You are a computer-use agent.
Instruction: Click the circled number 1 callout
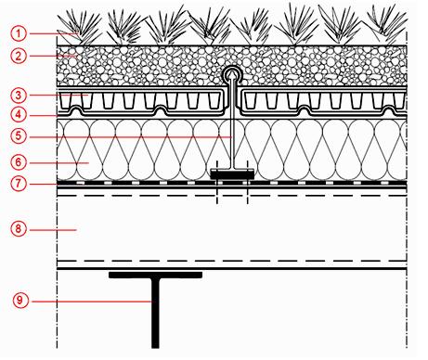[x=19, y=33]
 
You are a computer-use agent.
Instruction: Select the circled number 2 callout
[x=19, y=56]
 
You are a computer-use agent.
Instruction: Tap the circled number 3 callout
[x=19, y=96]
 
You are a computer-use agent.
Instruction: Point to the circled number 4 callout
[x=19, y=115]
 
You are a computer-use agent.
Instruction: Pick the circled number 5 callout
[x=19, y=136]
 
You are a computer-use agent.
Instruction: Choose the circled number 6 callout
[x=19, y=162]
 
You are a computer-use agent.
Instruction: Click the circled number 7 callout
[x=19, y=184]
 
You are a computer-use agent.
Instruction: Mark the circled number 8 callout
[x=19, y=229]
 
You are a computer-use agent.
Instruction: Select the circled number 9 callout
[x=20, y=301]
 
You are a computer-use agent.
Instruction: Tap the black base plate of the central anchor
[x=232, y=174]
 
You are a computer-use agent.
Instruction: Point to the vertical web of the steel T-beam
[x=155, y=313]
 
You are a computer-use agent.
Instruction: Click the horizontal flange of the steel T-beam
[x=155, y=275]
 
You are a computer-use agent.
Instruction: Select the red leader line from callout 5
[x=131, y=136]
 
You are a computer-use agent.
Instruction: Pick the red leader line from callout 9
[x=92, y=302]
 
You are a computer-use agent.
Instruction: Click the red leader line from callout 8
[x=53, y=230]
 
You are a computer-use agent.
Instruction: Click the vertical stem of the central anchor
[x=232, y=122]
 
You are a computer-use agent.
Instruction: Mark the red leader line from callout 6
[x=59, y=162]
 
